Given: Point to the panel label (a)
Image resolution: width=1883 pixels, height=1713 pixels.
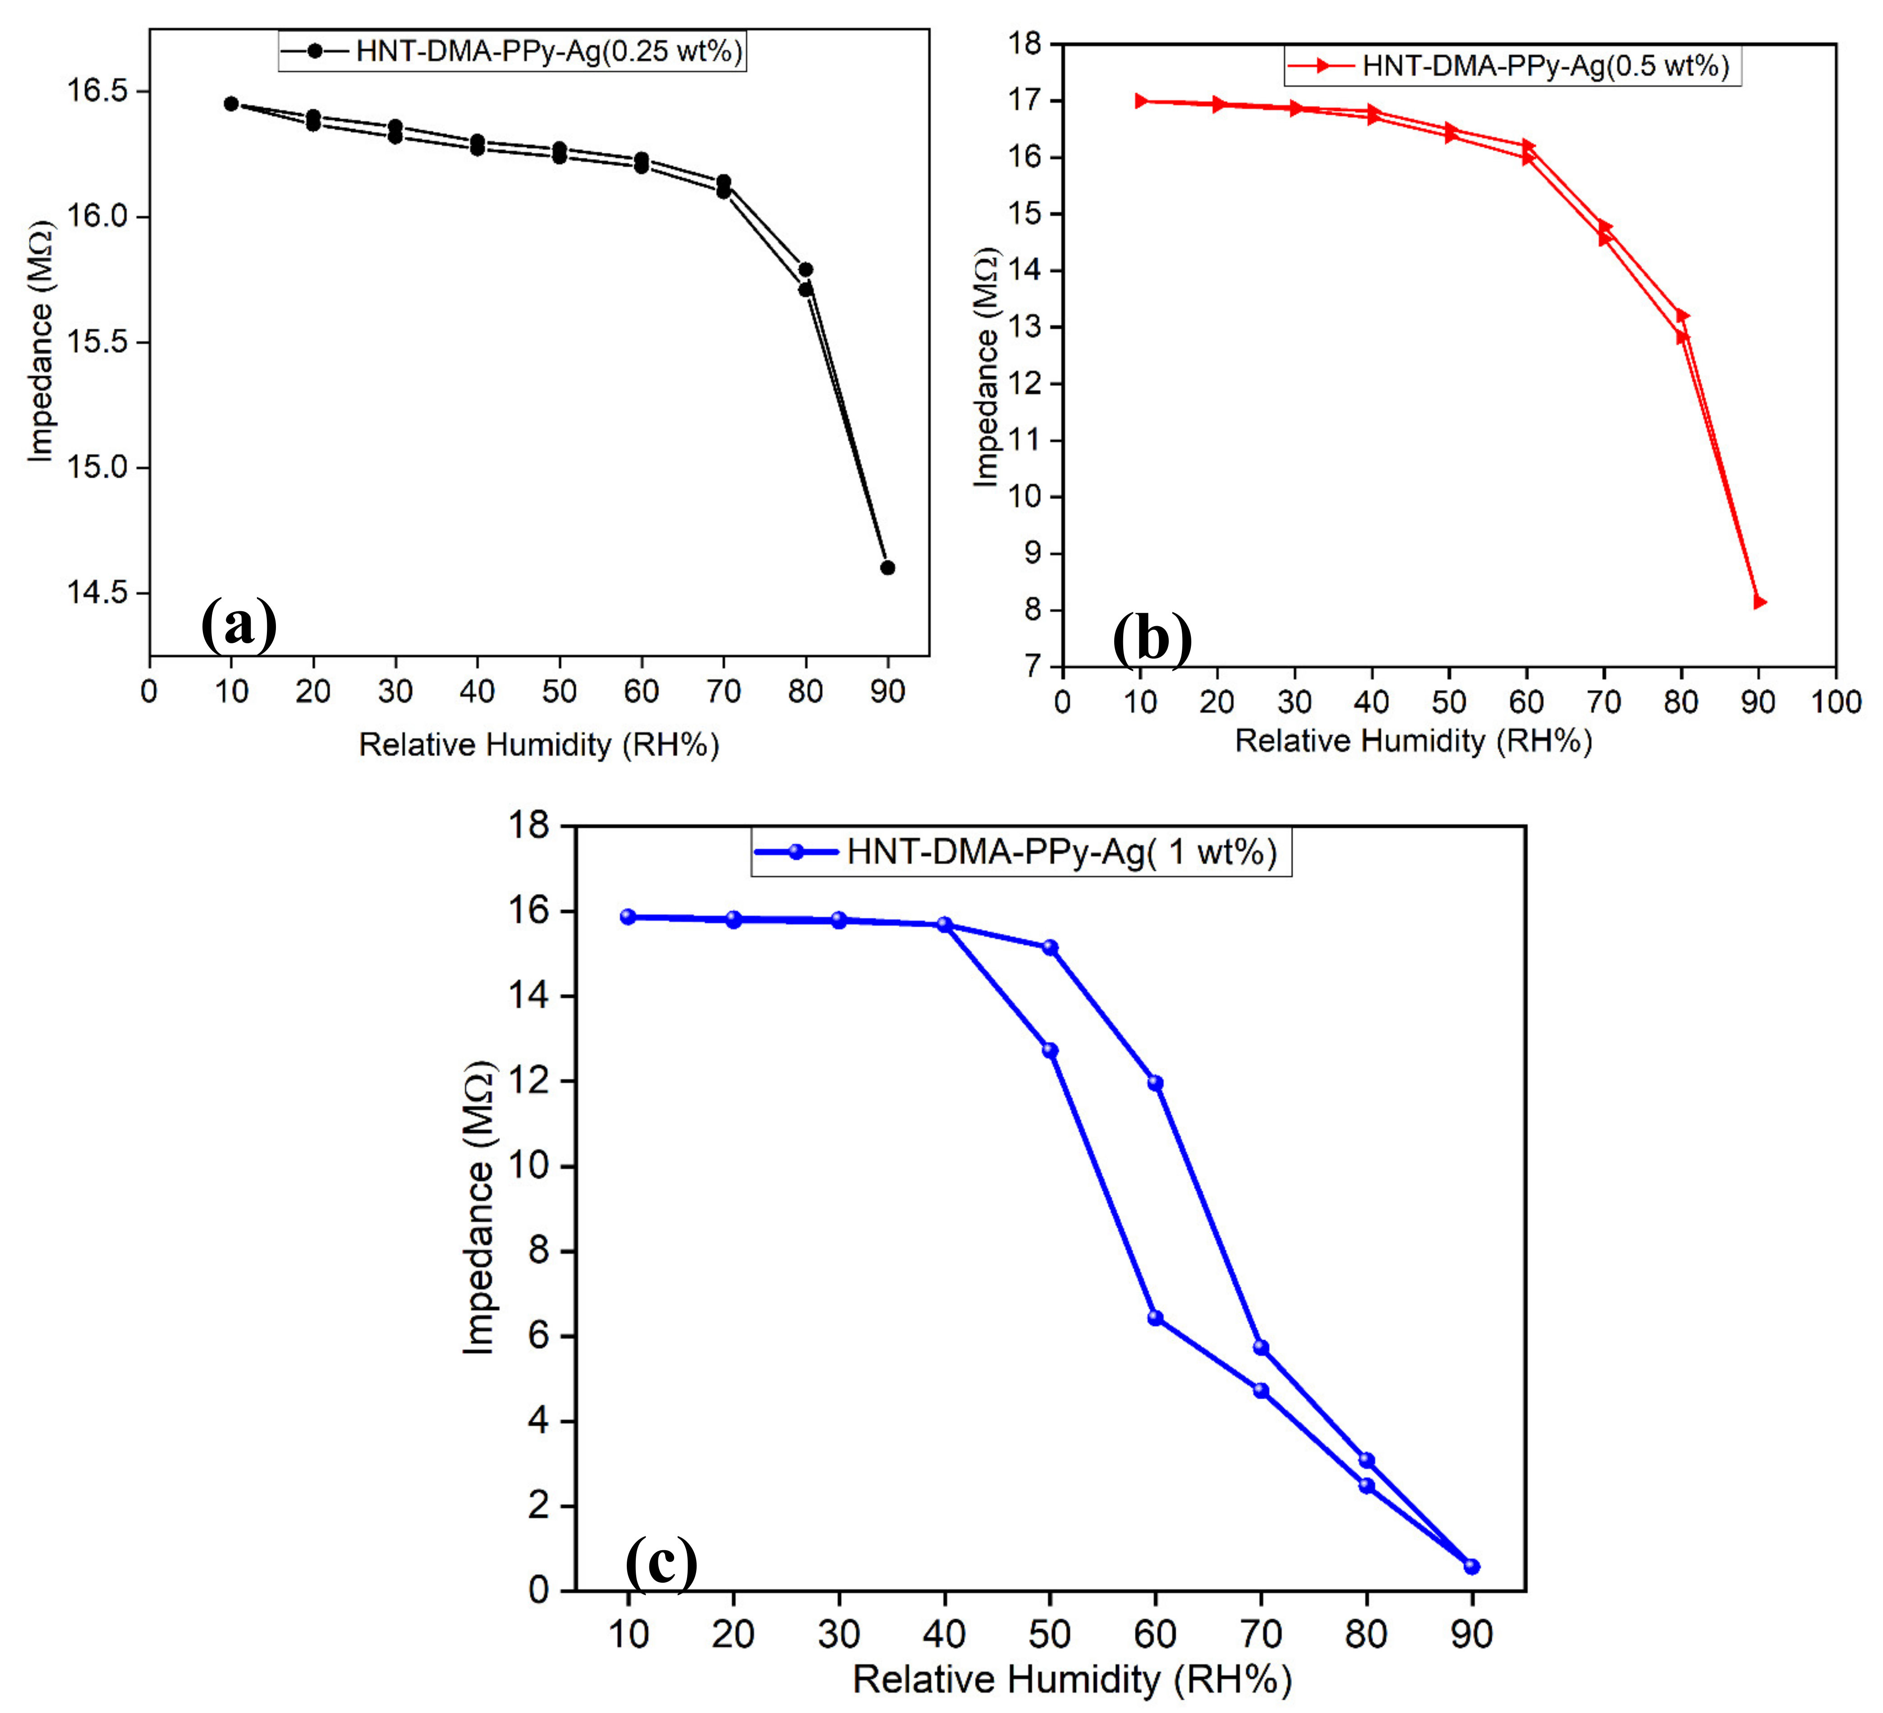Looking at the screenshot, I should [239, 624].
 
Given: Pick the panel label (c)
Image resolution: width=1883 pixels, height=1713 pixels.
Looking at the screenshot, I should [661, 1562].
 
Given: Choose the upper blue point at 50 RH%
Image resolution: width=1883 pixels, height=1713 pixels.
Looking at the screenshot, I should [1050, 947].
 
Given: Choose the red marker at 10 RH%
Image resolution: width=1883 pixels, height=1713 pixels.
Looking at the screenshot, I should [1140, 101].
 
